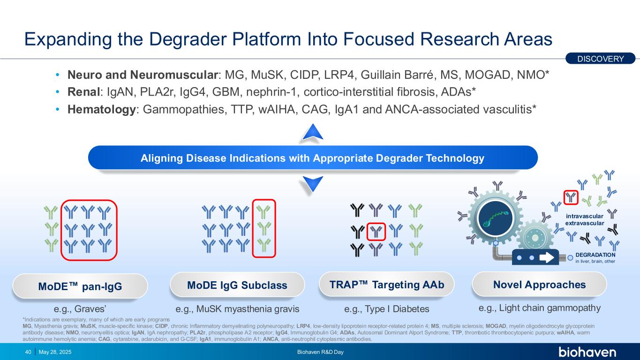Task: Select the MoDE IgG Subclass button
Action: [237, 285]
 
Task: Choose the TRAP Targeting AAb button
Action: [386, 284]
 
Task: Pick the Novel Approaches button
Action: [539, 284]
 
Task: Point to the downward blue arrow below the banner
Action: [313, 183]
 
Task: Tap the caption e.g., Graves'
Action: [80, 309]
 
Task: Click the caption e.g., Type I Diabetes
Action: [387, 309]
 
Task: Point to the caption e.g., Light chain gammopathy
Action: [540, 308]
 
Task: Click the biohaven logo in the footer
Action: [587, 352]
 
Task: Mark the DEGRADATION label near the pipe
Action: [595, 255]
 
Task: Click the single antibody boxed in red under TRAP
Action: [376, 231]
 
